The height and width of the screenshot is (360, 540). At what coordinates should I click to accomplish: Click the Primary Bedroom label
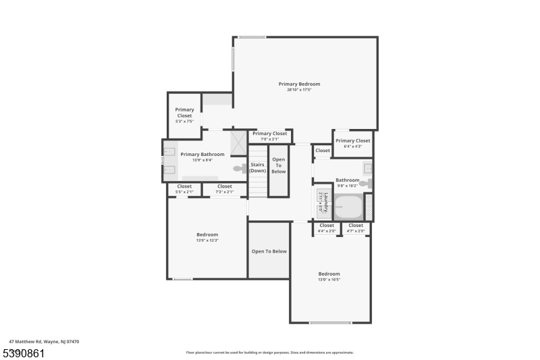coord(299,84)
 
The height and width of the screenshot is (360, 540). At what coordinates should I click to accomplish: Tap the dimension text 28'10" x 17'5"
coord(299,90)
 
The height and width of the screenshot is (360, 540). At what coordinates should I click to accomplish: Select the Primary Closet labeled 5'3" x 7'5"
coord(184,115)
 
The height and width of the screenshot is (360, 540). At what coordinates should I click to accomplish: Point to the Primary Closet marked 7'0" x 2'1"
coord(270,136)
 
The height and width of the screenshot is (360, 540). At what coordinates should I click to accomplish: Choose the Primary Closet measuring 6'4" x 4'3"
coord(353,143)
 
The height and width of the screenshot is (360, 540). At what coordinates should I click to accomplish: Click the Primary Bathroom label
coord(202,155)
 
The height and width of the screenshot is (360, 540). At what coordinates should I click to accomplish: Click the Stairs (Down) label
coord(258,168)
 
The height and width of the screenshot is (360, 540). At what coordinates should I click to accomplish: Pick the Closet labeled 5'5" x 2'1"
coord(184,189)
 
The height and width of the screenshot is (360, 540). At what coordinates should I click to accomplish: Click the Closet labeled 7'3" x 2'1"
coord(225,189)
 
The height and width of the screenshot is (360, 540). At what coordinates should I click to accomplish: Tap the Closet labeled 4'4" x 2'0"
coord(327,228)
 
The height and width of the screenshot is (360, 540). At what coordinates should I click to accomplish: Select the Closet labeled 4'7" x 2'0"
coord(356,228)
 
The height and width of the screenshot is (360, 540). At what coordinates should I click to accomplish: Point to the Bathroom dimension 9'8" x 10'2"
coord(348,186)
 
